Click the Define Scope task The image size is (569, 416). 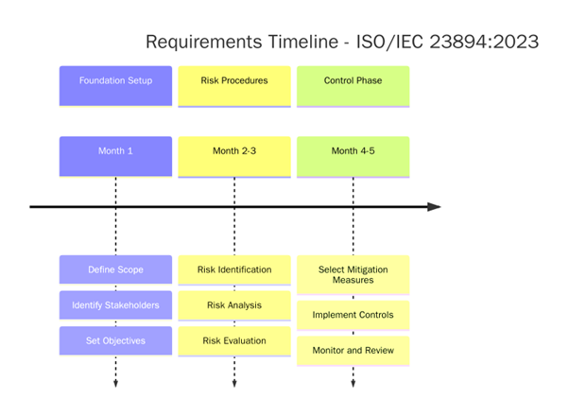[x=115, y=269]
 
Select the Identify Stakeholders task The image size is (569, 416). [x=115, y=305]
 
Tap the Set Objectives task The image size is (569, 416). [x=115, y=340]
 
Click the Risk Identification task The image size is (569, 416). [x=234, y=269]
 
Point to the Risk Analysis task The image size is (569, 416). [x=234, y=305]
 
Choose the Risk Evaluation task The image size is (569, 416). [x=234, y=340]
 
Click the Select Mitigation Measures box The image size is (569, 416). [x=353, y=274]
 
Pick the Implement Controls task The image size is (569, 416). [x=353, y=315]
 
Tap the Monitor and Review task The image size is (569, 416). [x=353, y=351]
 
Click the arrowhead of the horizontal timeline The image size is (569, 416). [x=434, y=206]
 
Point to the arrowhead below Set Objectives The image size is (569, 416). [x=115, y=384]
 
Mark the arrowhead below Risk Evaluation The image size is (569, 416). [x=234, y=384]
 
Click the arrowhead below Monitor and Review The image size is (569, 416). [x=353, y=384]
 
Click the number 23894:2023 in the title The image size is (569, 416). [x=482, y=42]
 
